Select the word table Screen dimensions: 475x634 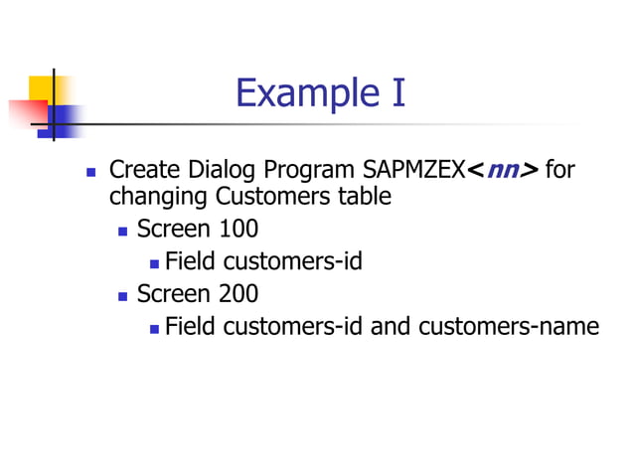(x=363, y=197)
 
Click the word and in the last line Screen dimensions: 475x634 (x=392, y=326)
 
